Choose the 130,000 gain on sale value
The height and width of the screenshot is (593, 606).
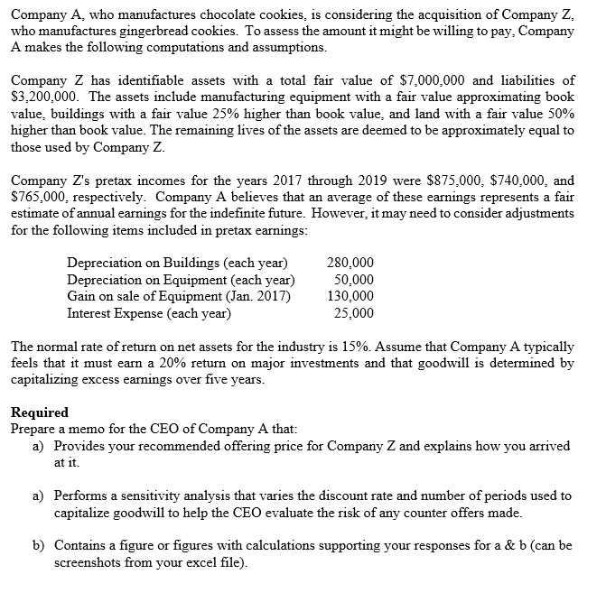353,297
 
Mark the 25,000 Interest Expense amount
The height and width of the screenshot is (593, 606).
357,313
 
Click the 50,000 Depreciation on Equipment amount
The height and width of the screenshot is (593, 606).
357,280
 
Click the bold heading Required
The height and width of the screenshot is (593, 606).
39,412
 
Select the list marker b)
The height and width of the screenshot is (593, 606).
39,546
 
